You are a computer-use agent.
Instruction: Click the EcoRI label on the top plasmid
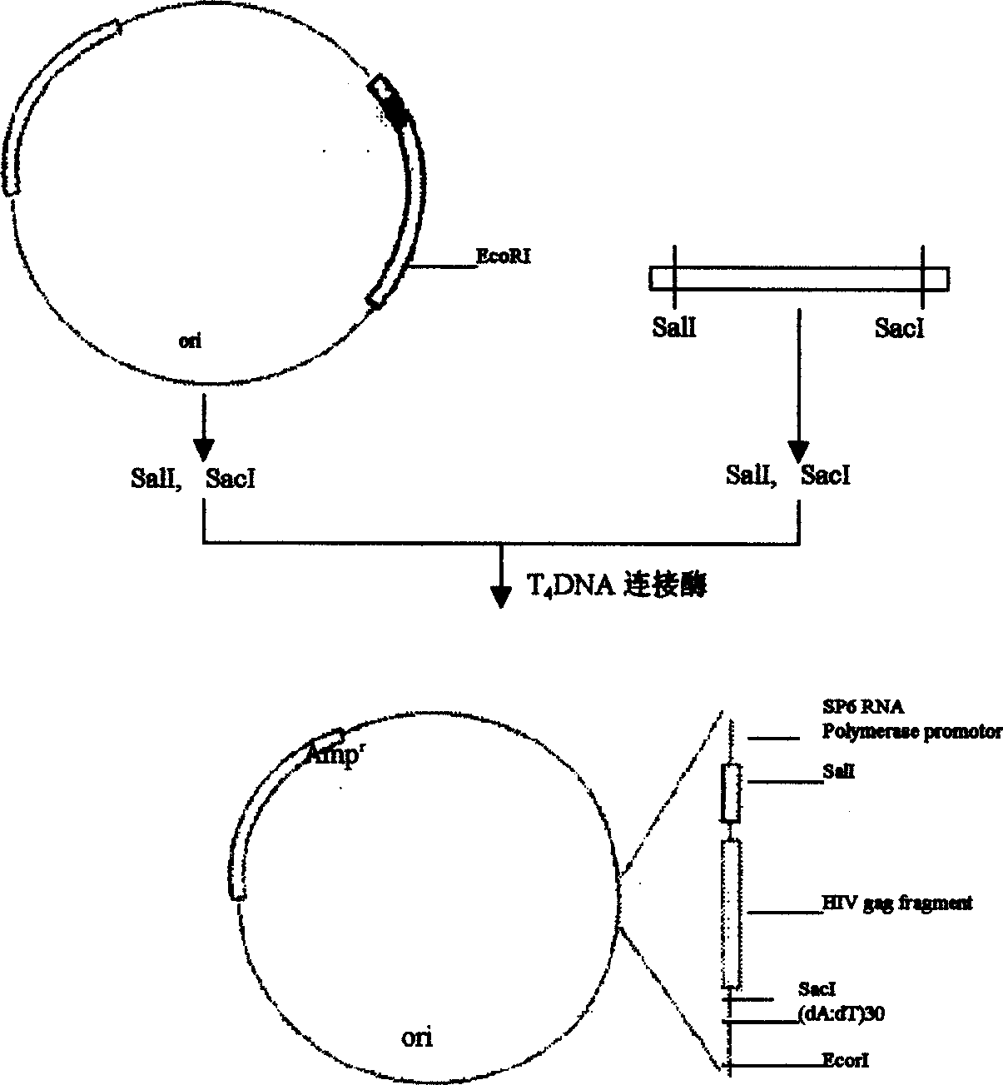(x=503, y=257)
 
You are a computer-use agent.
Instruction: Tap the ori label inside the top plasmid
(x=191, y=341)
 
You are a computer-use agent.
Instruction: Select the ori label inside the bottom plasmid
(x=417, y=1038)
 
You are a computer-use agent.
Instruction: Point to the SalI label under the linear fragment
(x=674, y=328)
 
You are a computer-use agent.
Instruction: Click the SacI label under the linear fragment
(x=900, y=328)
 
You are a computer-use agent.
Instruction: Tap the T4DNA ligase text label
(x=617, y=586)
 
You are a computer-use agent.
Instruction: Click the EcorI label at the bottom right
(x=846, y=1061)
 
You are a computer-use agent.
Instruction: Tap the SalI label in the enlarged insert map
(x=838, y=772)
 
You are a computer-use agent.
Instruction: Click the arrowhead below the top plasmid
(x=204, y=449)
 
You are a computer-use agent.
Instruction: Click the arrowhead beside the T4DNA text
(x=500, y=596)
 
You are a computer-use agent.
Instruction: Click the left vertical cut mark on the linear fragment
(x=674, y=278)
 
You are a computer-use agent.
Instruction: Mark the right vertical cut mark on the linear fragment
(x=922, y=278)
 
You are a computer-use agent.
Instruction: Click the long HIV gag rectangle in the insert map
(x=731, y=913)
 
